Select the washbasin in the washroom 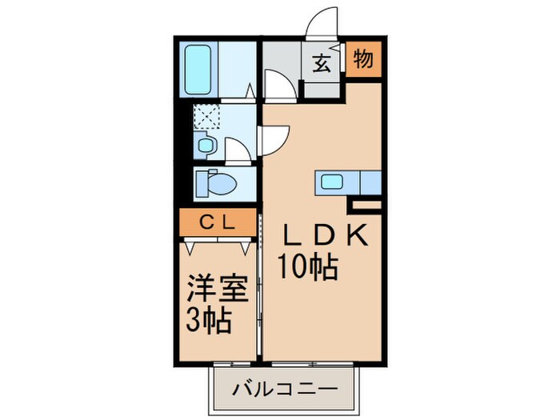pos(206,146)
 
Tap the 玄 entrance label pos(321,65)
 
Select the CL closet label pos(217,222)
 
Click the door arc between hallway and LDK pos(277,83)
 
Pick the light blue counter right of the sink pos(370,182)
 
